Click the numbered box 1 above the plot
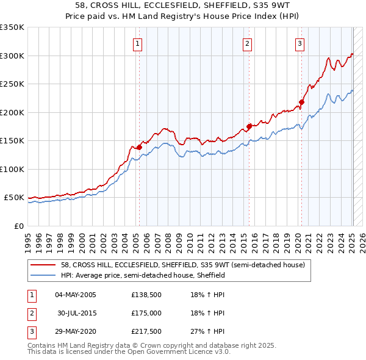(x=138, y=43)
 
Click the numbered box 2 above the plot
(x=247, y=43)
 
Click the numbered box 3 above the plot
(x=300, y=43)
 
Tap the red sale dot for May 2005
(x=139, y=147)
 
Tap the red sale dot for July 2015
(x=249, y=126)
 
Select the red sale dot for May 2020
(x=301, y=102)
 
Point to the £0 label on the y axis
(x=18, y=226)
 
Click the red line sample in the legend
(x=44, y=265)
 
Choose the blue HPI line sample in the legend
(x=44, y=275)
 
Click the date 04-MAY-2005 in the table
(x=76, y=295)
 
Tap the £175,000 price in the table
(x=146, y=313)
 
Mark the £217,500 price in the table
(x=146, y=331)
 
